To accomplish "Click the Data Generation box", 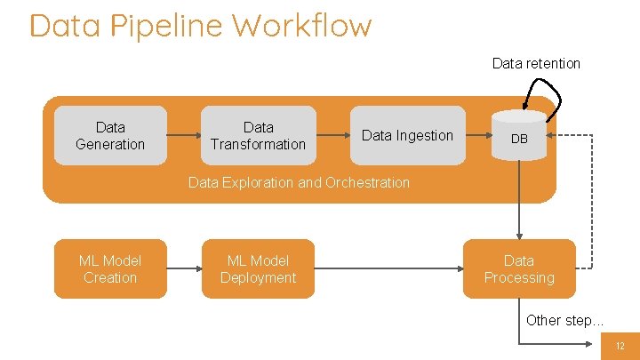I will click(x=110, y=136).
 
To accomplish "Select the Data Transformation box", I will click(x=258, y=136).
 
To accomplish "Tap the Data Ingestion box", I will click(x=407, y=136).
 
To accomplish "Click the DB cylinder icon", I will click(x=519, y=133).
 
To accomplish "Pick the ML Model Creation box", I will click(x=110, y=268).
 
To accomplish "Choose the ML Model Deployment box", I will click(x=258, y=268).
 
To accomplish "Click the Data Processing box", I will click(x=519, y=268).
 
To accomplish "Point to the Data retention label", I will click(x=536, y=63).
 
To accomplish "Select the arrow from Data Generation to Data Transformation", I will click(x=183, y=136).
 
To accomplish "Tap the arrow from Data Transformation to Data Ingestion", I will click(x=332, y=136).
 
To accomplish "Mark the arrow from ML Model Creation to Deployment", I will click(x=183, y=268).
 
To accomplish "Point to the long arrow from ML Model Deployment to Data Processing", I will click(x=388, y=268).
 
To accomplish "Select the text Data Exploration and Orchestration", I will click(x=299, y=182).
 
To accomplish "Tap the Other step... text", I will click(x=564, y=320).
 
